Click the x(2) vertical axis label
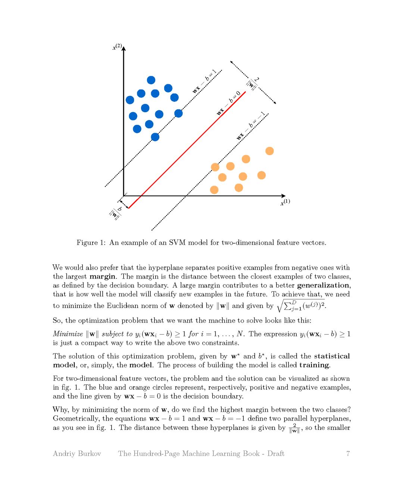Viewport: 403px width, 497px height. pyautogui.click(x=117, y=47)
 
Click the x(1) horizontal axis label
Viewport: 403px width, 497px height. pyautogui.click(x=285, y=202)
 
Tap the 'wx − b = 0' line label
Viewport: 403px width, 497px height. pyautogui.click(x=228, y=103)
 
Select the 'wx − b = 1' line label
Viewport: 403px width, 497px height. pyautogui.click(x=204, y=81)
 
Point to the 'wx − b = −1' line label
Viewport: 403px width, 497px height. pyautogui.click(x=251, y=126)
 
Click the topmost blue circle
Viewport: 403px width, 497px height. pyautogui.click(x=151, y=80)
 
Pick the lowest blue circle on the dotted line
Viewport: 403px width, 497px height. pyautogui.click(x=155, y=137)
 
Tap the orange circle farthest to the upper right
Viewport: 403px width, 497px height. pyautogui.click(x=269, y=151)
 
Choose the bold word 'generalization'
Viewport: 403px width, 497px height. pyautogui.click(x=323, y=285)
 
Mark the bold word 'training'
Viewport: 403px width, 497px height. pyautogui.click(x=314, y=365)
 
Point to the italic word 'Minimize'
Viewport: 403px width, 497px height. pyautogui.click(x=68, y=334)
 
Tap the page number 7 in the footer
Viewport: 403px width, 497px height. pyautogui.click(x=348, y=453)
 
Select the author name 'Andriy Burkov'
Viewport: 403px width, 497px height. pyautogui.click(x=77, y=453)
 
